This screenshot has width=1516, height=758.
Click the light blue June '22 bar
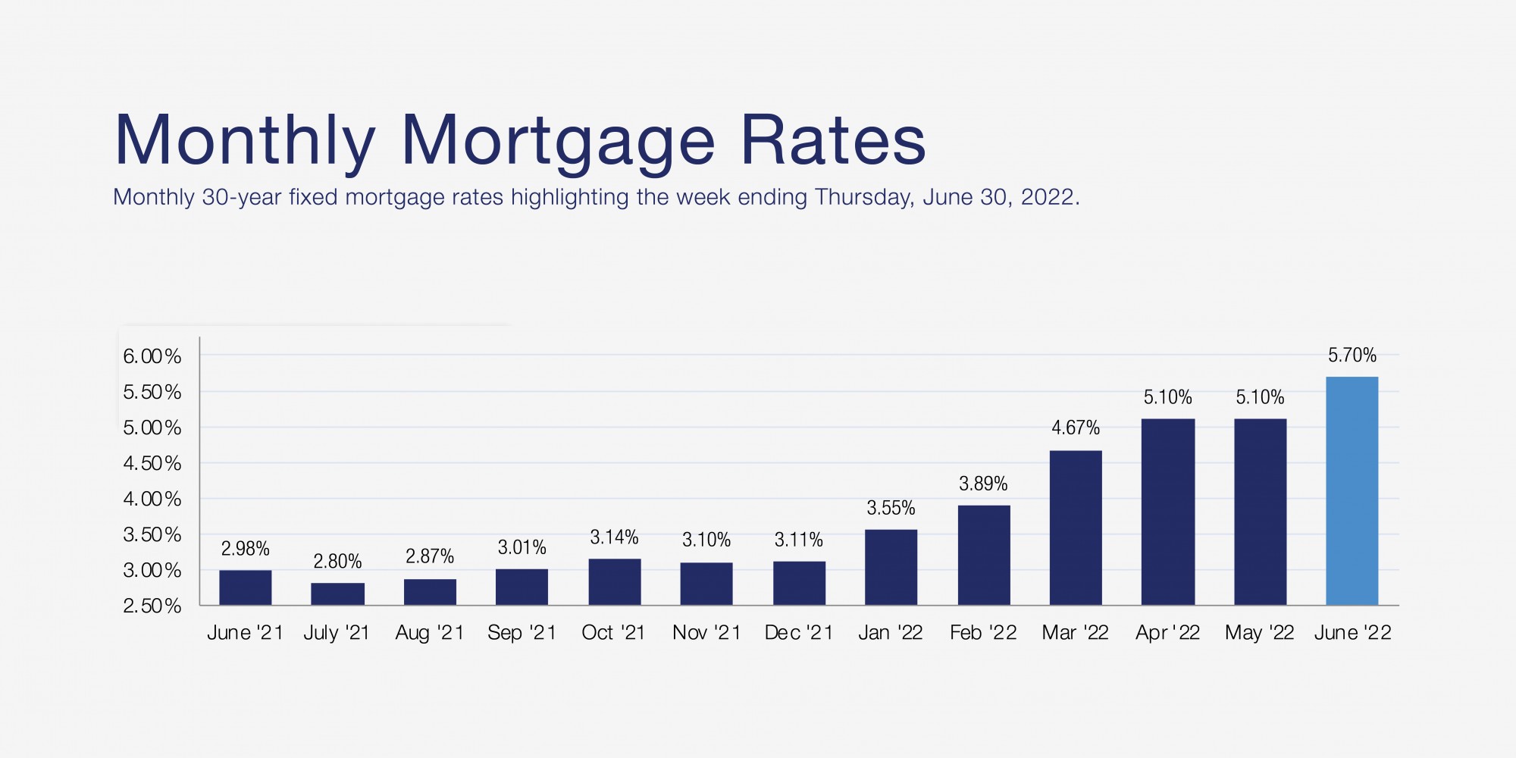(x=1352, y=490)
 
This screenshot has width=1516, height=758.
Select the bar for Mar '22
(x=1076, y=528)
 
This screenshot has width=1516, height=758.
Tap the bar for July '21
(x=337, y=594)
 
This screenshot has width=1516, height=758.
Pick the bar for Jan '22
(x=891, y=567)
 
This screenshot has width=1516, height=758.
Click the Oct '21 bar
(x=614, y=581)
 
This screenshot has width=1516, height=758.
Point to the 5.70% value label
(x=1352, y=355)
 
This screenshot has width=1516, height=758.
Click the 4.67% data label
(x=1075, y=428)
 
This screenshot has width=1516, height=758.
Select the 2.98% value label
(x=245, y=548)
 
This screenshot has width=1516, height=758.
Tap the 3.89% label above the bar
(x=983, y=484)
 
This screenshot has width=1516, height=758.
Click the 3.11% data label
(x=798, y=540)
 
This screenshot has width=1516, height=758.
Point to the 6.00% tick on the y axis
(x=152, y=356)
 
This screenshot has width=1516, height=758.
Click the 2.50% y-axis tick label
(x=152, y=606)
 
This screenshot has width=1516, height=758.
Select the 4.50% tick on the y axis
(x=152, y=463)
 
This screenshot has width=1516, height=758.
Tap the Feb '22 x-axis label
(x=983, y=632)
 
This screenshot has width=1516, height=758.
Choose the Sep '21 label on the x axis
(x=522, y=632)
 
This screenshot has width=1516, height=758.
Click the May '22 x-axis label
(x=1259, y=632)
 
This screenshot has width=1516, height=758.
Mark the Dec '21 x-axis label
(x=798, y=632)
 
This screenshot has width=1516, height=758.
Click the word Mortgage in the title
(x=557, y=142)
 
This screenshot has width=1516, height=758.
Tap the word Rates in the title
(x=832, y=140)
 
